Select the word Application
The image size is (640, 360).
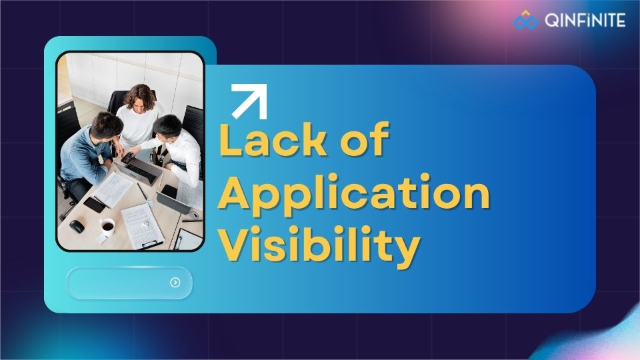[x=355, y=195]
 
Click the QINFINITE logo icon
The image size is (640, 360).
[x=525, y=21]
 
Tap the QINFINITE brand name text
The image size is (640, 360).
[x=585, y=21]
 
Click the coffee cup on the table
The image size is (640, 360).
[x=107, y=229]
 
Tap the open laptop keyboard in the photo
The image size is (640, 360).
[x=141, y=173]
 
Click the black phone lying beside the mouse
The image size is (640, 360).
[x=95, y=205]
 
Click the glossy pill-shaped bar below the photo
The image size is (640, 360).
[x=129, y=283]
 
